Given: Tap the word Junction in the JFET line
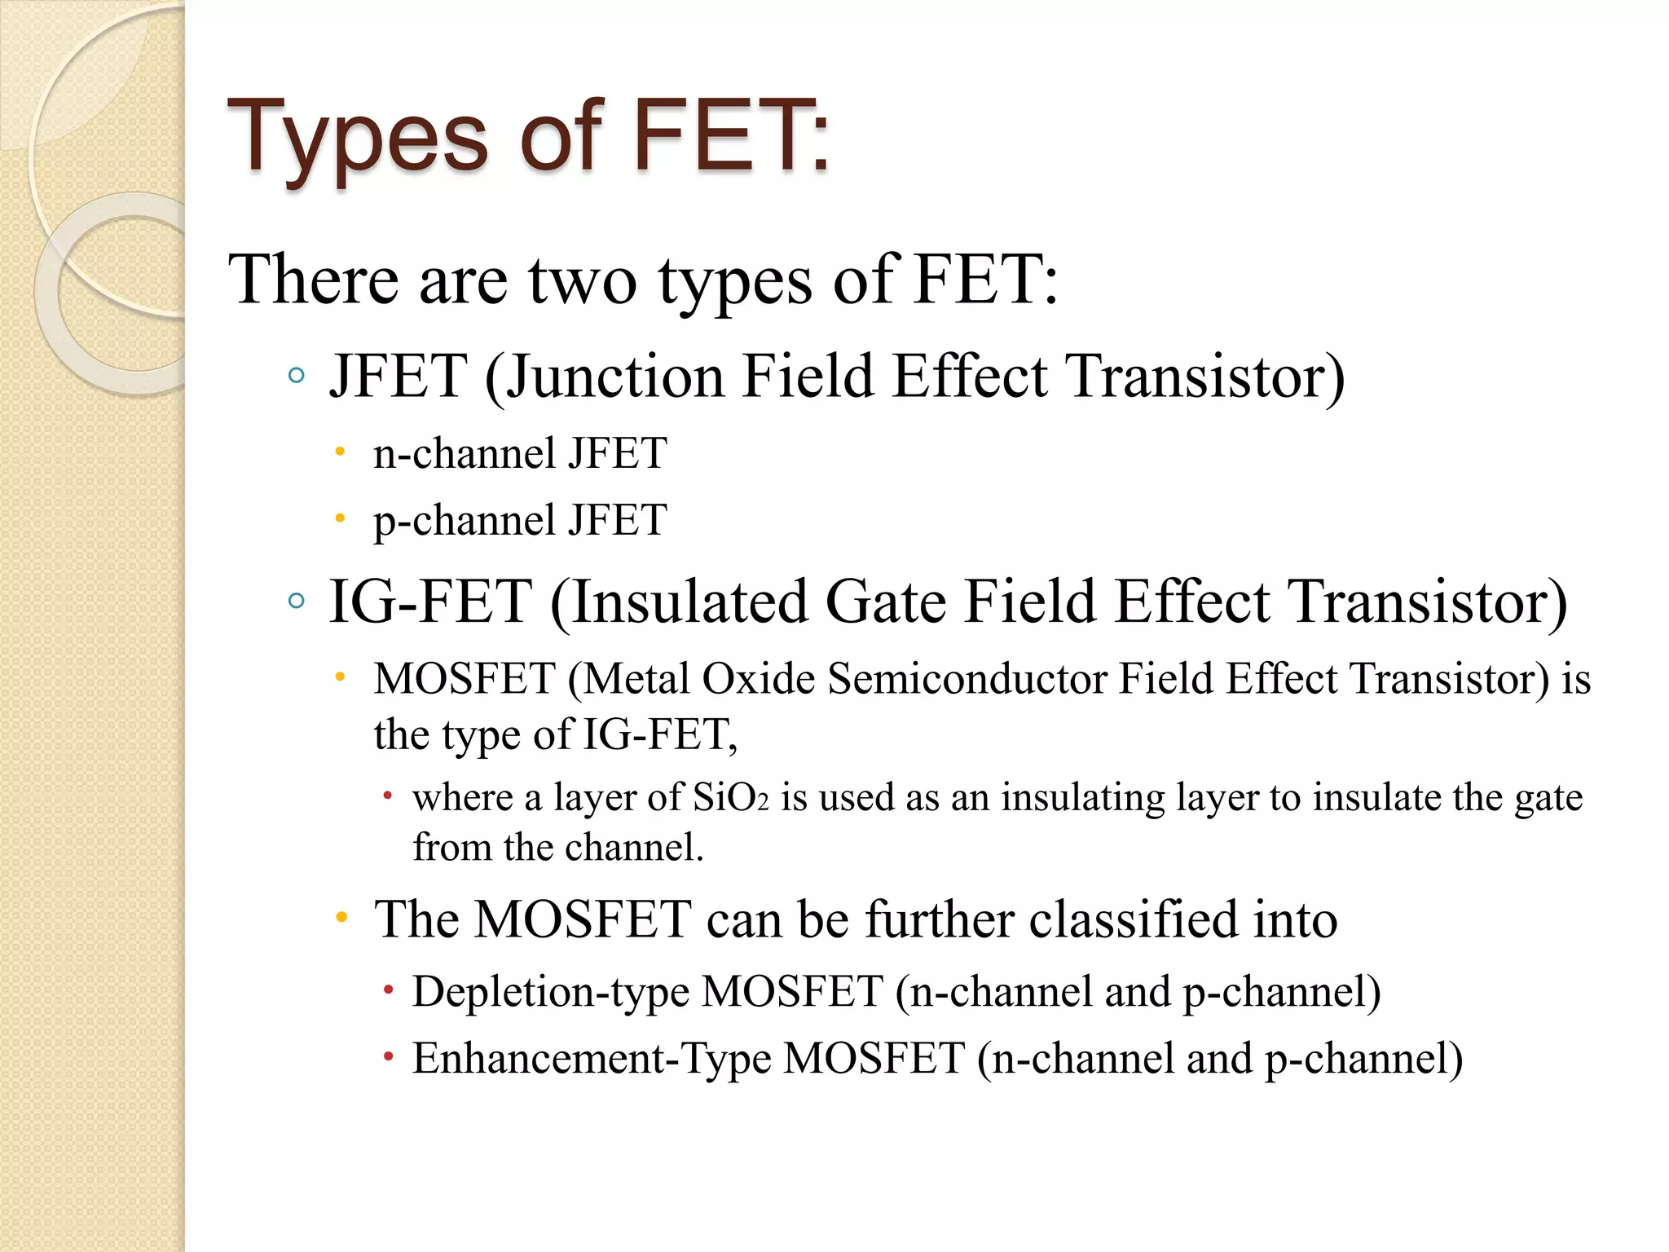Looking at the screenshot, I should click(614, 377).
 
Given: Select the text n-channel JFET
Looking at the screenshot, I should click(520, 453).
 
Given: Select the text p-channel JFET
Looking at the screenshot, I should click(520, 520).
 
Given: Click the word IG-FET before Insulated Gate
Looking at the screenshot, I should click(430, 602).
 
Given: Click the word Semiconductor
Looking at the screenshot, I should click(967, 678).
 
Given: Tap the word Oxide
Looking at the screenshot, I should click(759, 678).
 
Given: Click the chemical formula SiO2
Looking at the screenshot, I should click(730, 797).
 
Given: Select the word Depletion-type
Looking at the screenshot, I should click(550, 992).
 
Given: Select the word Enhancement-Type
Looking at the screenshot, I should click(592, 1058).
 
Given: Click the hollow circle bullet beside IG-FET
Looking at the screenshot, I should click(297, 602).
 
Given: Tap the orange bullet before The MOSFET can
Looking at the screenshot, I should click(342, 918).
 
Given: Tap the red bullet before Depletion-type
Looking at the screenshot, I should click(389, 991).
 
